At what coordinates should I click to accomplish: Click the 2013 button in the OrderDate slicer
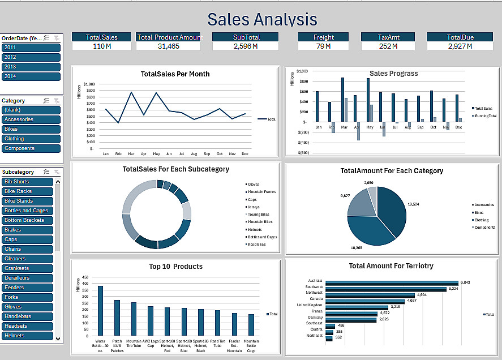point(31,67)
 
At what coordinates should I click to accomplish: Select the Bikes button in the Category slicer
point(31,129)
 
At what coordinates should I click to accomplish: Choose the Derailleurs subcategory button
point(27,278)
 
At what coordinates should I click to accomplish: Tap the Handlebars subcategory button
point(27,316)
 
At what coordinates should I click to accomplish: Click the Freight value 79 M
point(324,46)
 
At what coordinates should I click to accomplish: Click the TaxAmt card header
point(389,37)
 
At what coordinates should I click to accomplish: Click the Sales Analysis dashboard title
point(262,19)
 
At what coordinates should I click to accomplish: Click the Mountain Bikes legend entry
point(260,222)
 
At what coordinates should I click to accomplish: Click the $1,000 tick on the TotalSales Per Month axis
point(89,84)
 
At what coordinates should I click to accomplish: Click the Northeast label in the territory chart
point(315,336)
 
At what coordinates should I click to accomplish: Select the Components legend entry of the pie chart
point(484,228)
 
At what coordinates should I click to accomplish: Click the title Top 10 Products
point(175,267)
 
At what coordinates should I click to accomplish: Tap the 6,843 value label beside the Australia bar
point(465,282)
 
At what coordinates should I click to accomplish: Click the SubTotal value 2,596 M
point(246,46)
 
